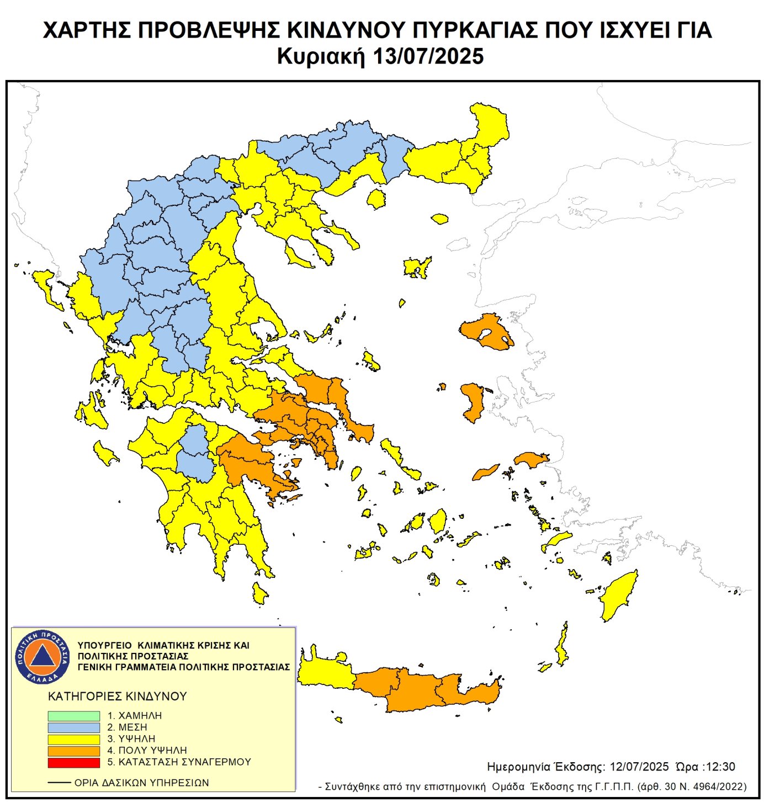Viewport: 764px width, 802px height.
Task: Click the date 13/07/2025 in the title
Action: click(428, 56)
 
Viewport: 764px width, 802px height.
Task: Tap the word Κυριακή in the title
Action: click(321, 56)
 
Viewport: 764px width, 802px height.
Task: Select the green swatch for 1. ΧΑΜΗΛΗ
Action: click(73, 715)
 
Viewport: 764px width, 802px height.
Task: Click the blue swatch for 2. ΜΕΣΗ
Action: click(73, 727)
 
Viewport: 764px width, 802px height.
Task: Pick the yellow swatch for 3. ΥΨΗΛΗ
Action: click(73, 739)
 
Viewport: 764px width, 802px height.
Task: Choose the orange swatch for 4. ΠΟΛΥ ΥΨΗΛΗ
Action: click(73, 751)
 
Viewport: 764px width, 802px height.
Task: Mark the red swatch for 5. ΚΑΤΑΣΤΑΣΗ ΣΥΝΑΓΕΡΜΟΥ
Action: click(73, 762)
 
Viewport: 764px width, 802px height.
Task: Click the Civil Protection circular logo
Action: click(43, 656)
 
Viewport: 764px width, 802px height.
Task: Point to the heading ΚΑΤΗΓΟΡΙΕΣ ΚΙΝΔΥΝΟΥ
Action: click(118, 697)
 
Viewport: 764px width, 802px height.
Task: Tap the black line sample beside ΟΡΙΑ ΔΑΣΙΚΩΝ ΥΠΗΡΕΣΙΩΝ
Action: click(59, 783)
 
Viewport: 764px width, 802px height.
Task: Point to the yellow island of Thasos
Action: click(376, 199)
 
